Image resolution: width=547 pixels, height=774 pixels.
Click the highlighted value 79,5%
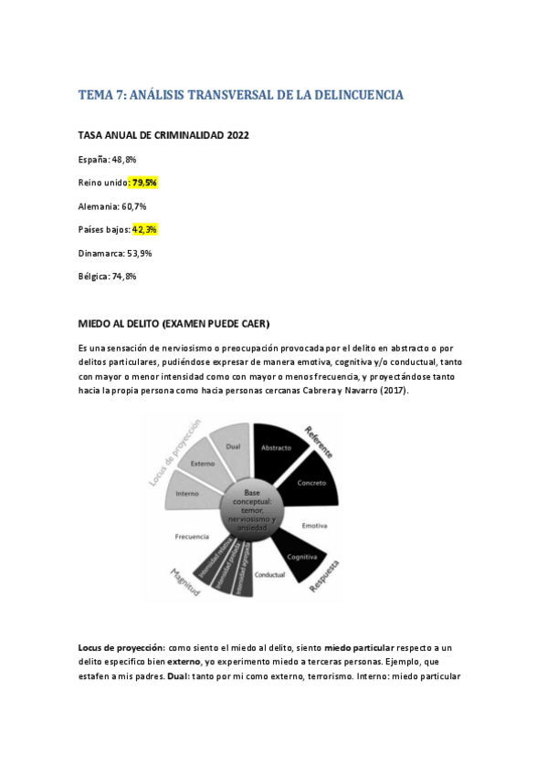click(x=144, y=183)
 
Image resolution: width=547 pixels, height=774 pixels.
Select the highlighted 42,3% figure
click(x=145, y=230)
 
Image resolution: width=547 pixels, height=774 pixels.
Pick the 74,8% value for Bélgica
click(x=124, y=277)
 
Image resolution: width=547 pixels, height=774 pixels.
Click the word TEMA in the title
click(x=96, y=95)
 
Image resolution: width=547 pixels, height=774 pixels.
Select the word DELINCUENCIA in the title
click(x=352, y=95)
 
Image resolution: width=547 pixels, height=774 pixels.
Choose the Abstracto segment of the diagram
click(x=276, y=449)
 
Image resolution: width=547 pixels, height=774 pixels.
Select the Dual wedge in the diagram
click(x=233, y=446)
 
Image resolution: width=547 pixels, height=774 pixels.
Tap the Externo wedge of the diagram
click(x=202, y=465)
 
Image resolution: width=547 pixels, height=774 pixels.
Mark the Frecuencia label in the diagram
click(x=194, y=537)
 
